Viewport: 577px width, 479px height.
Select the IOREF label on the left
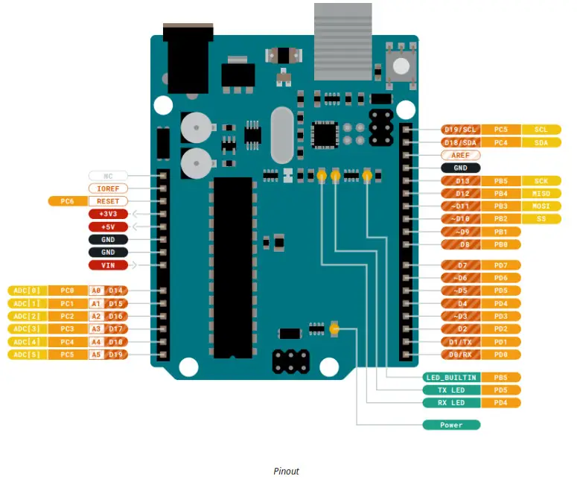(108, 188)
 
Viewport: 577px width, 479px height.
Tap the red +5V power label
(108, 226)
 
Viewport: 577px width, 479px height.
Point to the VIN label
(108, 264)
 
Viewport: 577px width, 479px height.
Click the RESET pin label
(108, 201)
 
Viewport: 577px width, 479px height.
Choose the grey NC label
(108, 176)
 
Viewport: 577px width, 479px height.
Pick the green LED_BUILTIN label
(451, 378)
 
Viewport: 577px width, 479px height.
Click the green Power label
(451, 425)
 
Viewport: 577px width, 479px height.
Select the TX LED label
(451, 390)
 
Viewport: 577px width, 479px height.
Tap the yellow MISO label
(541, 194)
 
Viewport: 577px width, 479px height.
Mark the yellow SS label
(541, 219)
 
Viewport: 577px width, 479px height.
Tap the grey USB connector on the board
(342, 41)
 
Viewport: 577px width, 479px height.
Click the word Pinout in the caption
(286, 471)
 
